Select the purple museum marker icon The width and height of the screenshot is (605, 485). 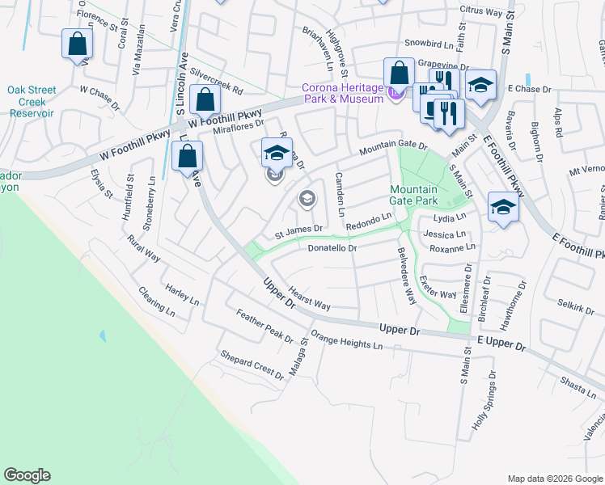(x=394, y=95)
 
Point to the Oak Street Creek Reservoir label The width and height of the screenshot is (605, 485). (x=31, y=101)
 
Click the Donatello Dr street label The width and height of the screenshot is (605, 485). (x=332, y=248)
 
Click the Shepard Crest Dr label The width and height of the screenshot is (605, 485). (x=252, y=365)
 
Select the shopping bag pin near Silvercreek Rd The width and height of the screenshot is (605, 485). (x=206, y=100)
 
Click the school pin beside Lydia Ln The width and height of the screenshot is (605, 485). (x=502, y=209)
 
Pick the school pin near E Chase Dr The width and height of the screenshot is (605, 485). (x=480, y=86)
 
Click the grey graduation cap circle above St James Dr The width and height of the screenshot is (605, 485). (x=307, y=198)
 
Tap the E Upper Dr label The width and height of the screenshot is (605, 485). (x=501, y=344)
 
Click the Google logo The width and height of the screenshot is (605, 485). (x=27, y=475)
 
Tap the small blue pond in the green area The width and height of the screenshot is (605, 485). (x=102, y=335)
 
